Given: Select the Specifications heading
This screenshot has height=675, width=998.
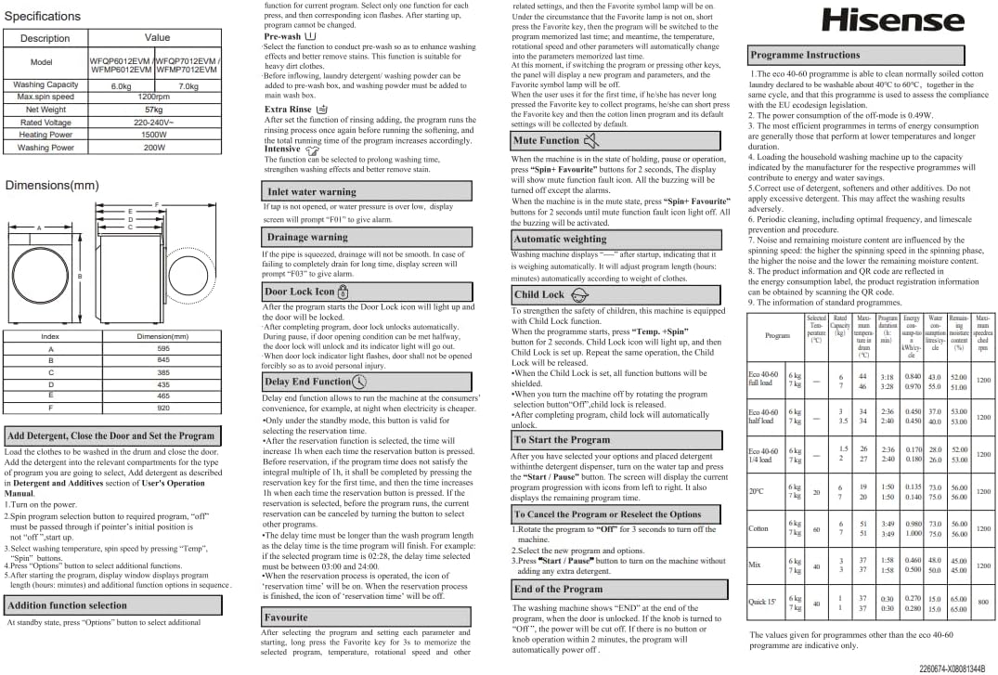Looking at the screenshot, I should coord(43,16).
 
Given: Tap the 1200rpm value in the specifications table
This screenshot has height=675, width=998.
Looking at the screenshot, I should coord(153,97).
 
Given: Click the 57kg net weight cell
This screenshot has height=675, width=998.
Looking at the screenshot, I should coord(153,110).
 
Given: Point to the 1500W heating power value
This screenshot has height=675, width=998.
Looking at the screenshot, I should coord(153,135).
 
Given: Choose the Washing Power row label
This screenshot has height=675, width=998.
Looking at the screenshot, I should coord(45,148).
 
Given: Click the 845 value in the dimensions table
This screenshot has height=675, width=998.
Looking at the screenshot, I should coord(163,360).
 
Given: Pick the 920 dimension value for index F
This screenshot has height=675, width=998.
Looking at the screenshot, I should coord(163,408).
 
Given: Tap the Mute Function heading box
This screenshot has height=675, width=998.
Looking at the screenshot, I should coord(615,141).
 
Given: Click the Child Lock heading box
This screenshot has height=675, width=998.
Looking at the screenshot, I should coord(615,294).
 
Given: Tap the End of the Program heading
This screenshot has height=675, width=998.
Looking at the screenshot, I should coord(615,589).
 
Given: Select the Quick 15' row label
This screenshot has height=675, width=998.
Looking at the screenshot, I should coord(763,602).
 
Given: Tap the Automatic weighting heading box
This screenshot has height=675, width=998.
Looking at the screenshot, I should coord(615,239).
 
